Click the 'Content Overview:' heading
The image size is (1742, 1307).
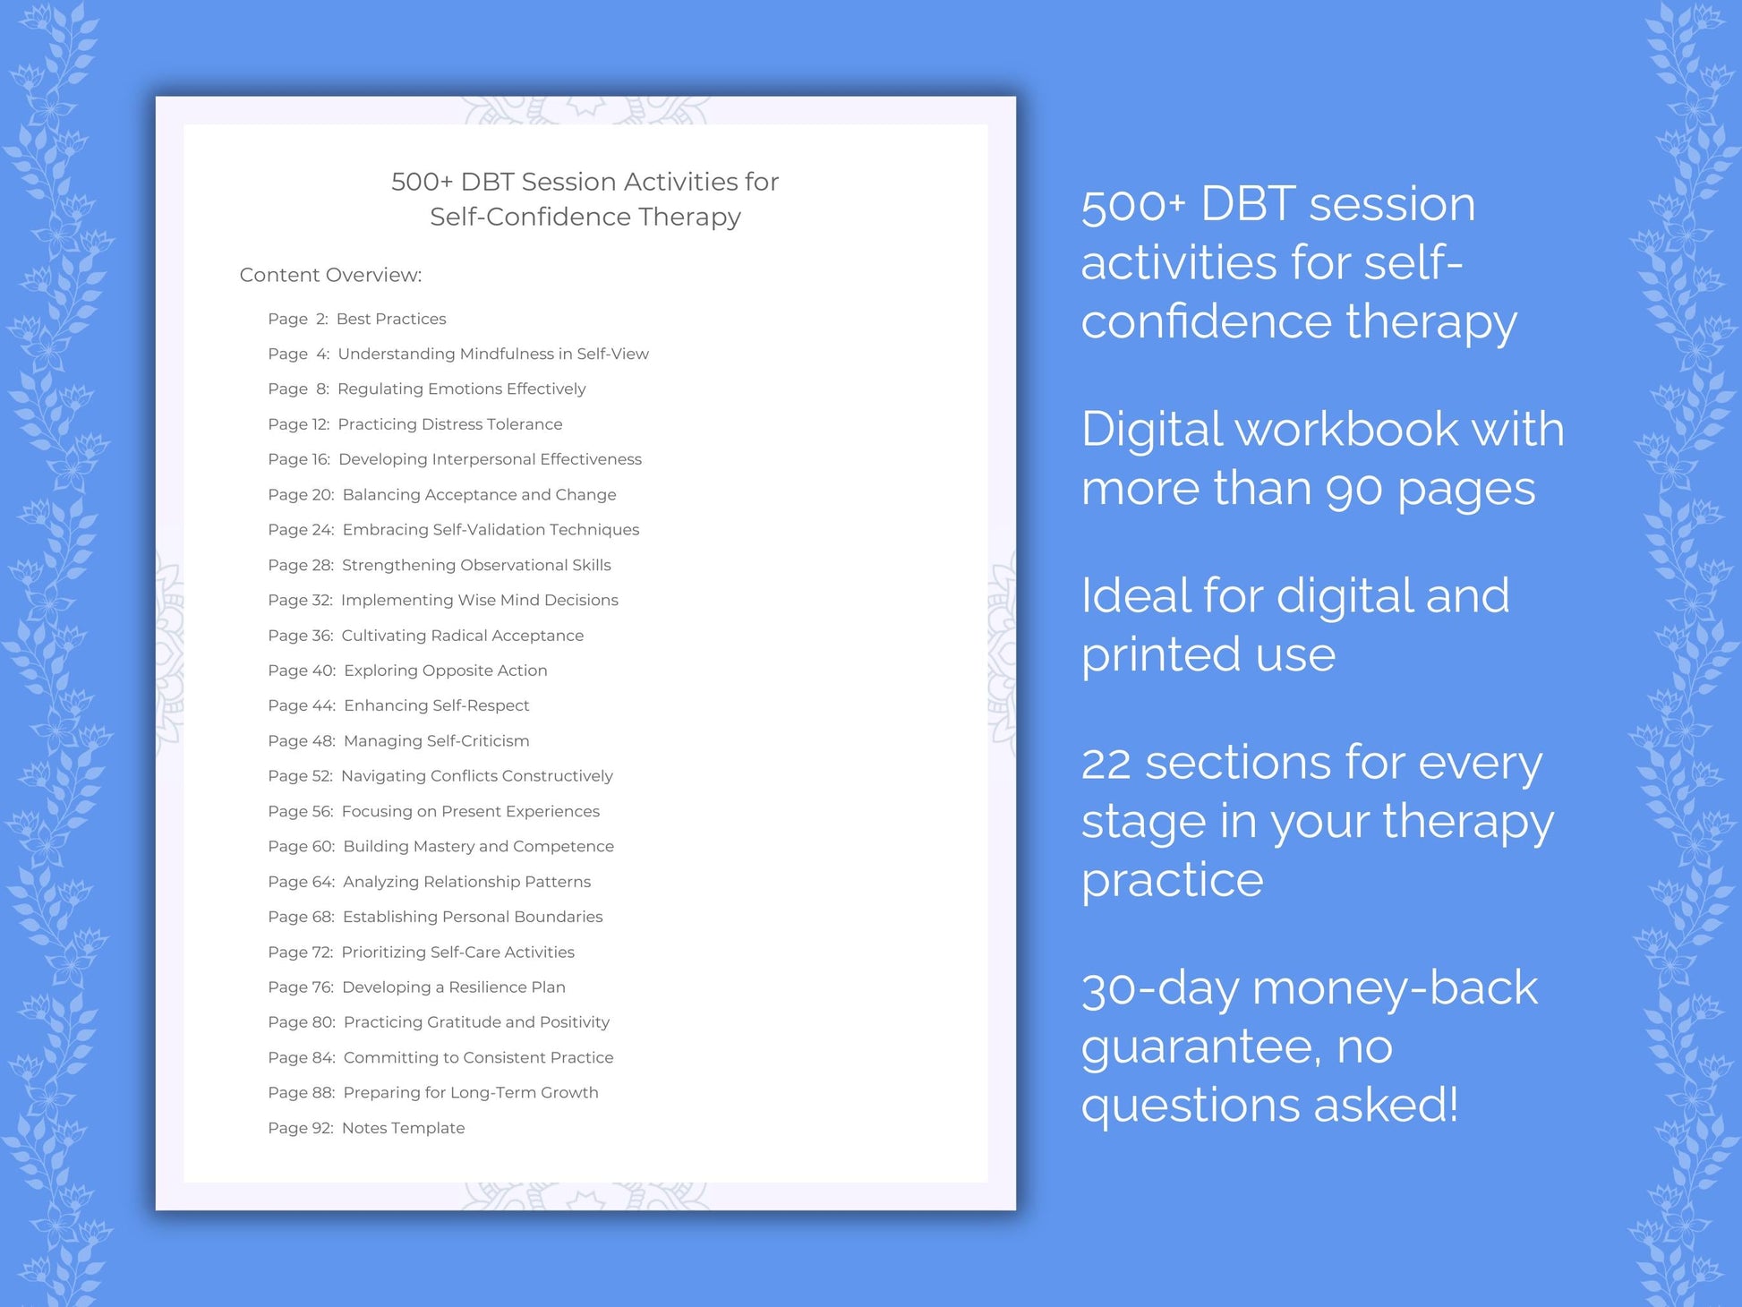(330, 275)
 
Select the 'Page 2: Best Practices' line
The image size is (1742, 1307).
(356, 319)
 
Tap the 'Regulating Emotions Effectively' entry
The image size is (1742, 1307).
(461, 389)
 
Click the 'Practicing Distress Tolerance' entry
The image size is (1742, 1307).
(449, 424)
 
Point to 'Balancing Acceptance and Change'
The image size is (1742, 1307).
(479, 495)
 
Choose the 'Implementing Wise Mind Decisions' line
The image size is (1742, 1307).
(479, 600)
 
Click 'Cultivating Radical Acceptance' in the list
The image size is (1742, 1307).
(462, 636)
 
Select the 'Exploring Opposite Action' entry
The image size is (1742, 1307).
(445, 671)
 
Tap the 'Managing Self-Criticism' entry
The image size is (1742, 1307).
(436, 741)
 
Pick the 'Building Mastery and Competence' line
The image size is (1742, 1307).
(478, 847)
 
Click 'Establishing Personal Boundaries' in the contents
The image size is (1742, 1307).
(473, 917)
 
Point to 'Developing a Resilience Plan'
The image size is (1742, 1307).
(453, 987)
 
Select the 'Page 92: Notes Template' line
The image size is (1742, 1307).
(366, 1128)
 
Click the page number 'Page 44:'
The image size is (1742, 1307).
(302, 705)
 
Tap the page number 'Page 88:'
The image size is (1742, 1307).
(302, 1093)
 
